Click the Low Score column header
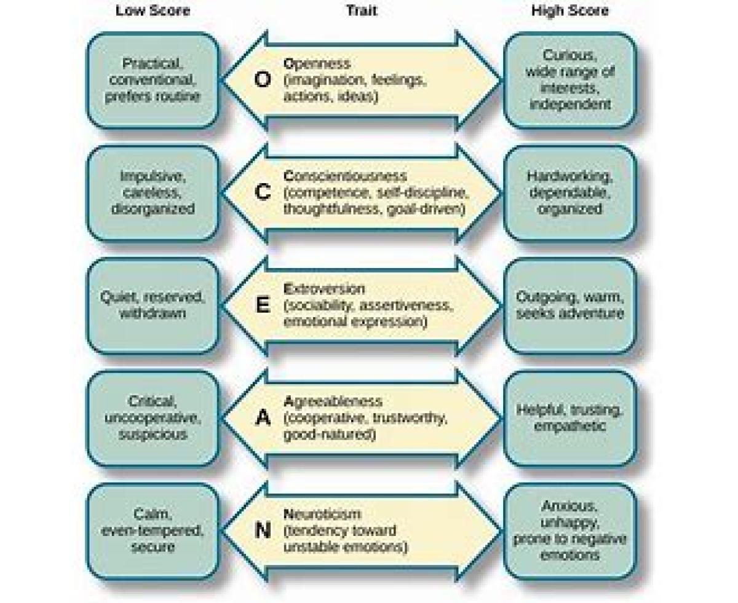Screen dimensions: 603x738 coord(153,11)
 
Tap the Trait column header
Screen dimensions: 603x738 coord(361,11)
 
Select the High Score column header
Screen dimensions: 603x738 coord(569,11)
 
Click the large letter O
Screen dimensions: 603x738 coord(263,80)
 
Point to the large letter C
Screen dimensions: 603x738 coord(263,192)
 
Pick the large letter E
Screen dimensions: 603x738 coord(263,305)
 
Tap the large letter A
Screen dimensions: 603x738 coord(263,418)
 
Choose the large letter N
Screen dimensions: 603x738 coord(263,530)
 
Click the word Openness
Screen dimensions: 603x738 coord(317,64)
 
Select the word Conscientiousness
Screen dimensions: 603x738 coord(345,176)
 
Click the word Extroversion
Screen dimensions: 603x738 coord(324,289)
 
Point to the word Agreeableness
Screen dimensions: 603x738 coord(333,402)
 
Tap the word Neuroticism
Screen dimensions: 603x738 coord(322,514)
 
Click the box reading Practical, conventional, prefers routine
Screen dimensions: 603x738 coord(153,80)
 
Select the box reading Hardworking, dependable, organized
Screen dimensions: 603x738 coord(569,192)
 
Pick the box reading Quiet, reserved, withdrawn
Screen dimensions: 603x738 coord(153,305)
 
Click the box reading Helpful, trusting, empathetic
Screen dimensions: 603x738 coord(569,418)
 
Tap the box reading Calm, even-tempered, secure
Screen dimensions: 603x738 coord(153,530)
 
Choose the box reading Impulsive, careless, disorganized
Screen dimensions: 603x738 coord(153,192)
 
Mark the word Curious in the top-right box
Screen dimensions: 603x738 coord(569,57)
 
